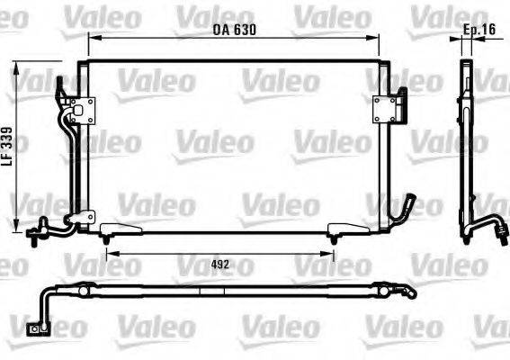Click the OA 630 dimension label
tap(235, 30)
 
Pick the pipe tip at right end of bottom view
tap(414, 293)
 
